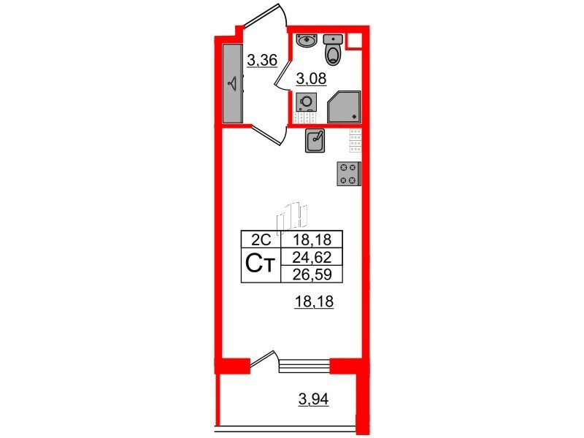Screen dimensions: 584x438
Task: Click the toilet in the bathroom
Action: [333, 50]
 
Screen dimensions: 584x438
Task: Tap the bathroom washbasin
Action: [307, 40]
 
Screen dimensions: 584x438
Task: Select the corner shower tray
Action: [344, 107]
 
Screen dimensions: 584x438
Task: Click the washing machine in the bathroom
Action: [306, 101]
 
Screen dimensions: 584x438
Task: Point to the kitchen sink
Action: [315, 140]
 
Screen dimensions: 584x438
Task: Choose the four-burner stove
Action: [349, 174]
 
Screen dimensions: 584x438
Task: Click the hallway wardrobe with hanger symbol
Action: [233, 83]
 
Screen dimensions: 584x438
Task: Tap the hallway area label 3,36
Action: [262, 60]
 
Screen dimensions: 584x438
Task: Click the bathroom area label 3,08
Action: [311, 79]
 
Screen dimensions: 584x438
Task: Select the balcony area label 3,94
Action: [314, 399]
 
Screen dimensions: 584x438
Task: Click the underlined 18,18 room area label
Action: [314, 301]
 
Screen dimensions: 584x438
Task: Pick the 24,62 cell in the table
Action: [312, 257]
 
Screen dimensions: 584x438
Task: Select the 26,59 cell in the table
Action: [312, 274]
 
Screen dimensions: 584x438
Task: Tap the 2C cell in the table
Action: [261, 239]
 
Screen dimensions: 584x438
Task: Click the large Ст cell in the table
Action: [261, 265]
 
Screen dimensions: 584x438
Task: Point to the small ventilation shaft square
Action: [354, 41]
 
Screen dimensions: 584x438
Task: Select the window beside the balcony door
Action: [304, 366]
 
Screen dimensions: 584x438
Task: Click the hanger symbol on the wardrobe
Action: [233, 83]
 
